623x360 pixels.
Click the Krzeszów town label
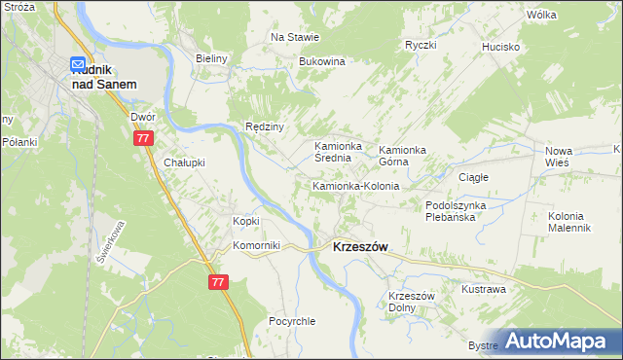click(x=360, y=247)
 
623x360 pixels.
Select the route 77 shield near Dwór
click(x=143, y=139)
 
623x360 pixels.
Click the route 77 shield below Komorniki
click(x=218, y=281)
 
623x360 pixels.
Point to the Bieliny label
click(x=210, y=58)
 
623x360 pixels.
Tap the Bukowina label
click(x=322, y=61)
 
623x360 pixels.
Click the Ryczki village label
click(x=421, y=46)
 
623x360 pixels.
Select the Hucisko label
click(x=501, y=47)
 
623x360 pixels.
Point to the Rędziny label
click(x=264, y=126)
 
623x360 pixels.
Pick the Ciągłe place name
click(x=473, y=177)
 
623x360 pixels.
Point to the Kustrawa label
click(x=483, y=289)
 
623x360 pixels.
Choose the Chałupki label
click(x=184, y=162)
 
